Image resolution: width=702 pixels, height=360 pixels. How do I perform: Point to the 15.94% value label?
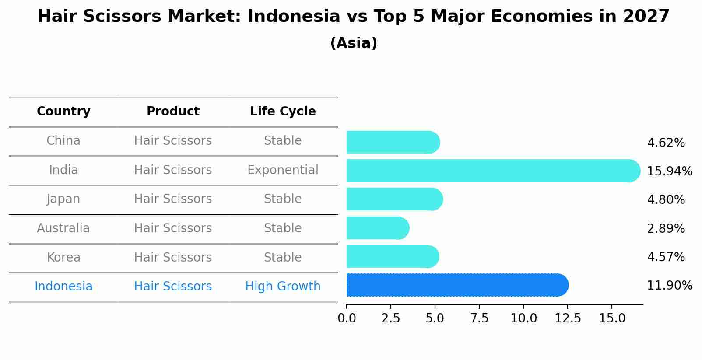coord(670,171)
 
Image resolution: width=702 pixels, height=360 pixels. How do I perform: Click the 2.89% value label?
coord(666,229)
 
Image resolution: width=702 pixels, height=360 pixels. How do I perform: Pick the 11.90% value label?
coord(670,286)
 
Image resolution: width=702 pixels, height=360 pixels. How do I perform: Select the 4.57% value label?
coord(666,257)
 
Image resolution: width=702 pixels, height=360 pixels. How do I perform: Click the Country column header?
coord(63,112)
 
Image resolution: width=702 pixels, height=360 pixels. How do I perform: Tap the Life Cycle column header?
coord(283,112)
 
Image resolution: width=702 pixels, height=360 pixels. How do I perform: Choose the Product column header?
coord(173,112)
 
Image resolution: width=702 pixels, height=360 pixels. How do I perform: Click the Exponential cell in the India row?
coord(283,170)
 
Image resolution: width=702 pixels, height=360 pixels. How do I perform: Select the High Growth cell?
coord(283,287)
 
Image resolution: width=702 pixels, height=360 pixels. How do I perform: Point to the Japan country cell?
coord(63,199)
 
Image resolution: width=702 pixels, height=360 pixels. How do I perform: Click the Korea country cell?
coord(63,258)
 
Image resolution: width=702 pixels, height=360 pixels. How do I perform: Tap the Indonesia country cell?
coord(63,287)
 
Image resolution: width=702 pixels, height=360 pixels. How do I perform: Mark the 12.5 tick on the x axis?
coord(568,318)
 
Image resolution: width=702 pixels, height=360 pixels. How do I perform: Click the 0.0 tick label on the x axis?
coord(347,318)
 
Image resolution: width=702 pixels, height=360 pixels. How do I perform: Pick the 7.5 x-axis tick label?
coord(479,318)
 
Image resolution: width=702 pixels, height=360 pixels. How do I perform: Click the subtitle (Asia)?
coord(354,43)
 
